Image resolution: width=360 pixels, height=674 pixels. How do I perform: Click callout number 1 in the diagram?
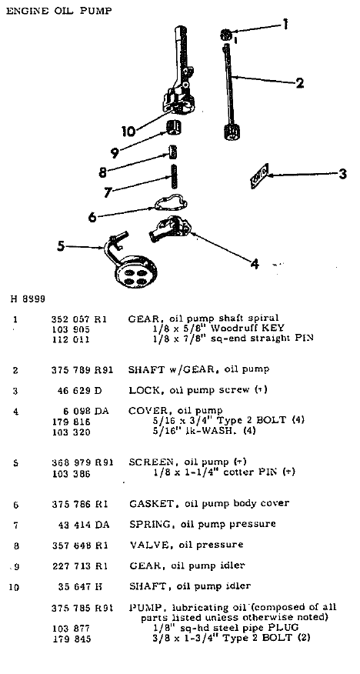[285, 25]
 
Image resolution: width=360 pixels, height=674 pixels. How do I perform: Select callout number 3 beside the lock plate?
[342, 175]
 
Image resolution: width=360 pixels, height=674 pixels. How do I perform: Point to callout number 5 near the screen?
[61, 246]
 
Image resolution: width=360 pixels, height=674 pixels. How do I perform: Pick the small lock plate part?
[259, 176]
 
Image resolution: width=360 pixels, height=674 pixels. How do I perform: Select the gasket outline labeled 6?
[171, 206]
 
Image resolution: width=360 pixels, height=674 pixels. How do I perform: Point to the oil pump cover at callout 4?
[175, 229]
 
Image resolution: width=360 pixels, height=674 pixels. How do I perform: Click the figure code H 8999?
[28, 298]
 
